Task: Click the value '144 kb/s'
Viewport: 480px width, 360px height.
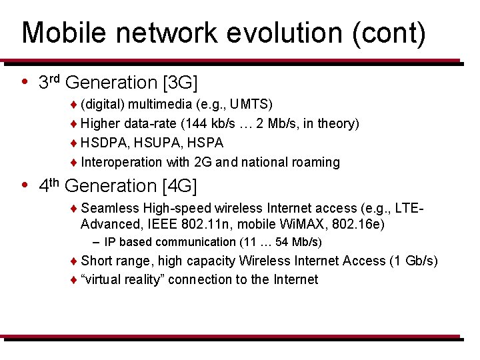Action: click(x=211, y=123)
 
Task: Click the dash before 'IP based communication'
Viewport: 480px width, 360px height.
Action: click(x=97, y=242)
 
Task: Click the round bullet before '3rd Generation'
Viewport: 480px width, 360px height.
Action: click(x=25, y=83)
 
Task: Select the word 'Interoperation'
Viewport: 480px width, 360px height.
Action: click(x=121, y=162)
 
